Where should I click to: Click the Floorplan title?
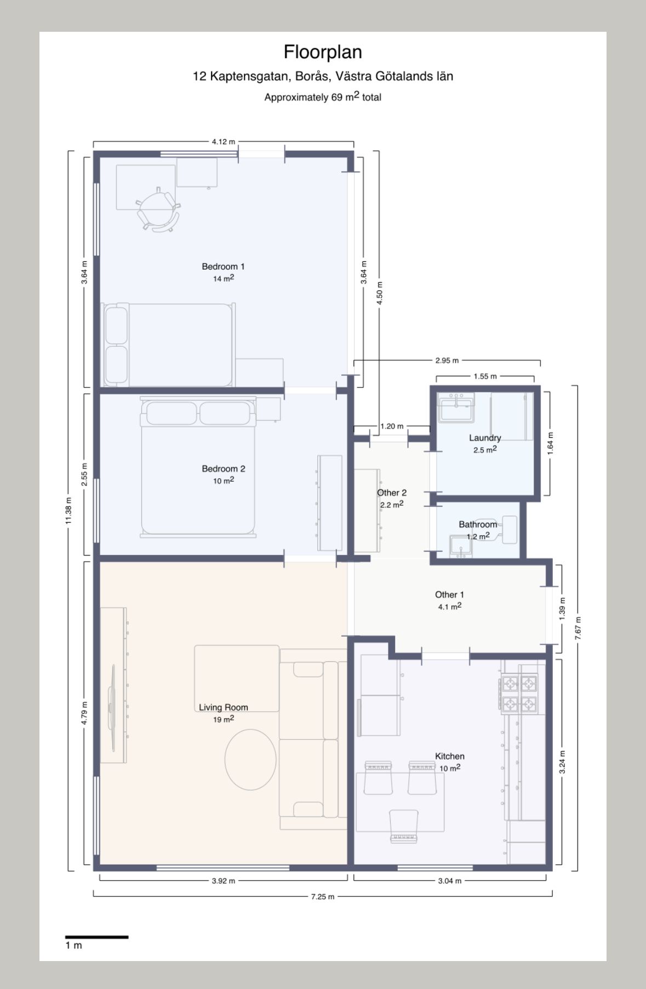pos(323,52)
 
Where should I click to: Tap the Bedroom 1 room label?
pos(223,267)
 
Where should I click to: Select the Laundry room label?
pos(485,438)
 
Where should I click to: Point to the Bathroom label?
pos(478,524)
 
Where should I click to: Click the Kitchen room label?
pos(450,757)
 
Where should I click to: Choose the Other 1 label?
pos(449,595)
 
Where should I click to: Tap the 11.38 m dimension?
pos(69,511)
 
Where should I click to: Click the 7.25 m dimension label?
pos(323,897)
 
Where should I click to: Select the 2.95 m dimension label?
pos(447,361)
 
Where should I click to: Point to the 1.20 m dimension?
pos(392,426)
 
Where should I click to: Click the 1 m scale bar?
pos(97,937)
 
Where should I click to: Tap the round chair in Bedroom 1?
pos(158,209)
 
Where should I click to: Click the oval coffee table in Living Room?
pos(250,759)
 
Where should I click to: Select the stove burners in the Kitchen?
pos(518,694)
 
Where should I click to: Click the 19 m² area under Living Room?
pos(224,719)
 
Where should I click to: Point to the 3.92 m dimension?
pos(224,881)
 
